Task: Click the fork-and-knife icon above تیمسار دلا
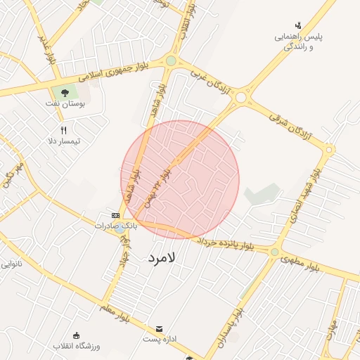(x=63, y=129)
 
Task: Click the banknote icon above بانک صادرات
(x=115, y=214)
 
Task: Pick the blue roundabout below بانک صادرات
(x=120, y=229)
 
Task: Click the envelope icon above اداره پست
(x=159, y=329)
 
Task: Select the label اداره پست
(x=159, y=340)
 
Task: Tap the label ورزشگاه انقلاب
(x=78, y=346)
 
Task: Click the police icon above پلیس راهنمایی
(x=298, y=25)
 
